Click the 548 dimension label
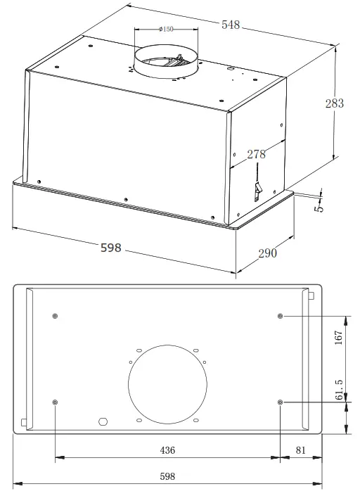click(x=231, y=25)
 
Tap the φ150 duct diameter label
click(x=167, y=29)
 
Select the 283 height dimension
click(x=335, y=103)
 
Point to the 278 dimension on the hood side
click(x=256, y=153)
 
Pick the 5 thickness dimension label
click(x=319, y=208)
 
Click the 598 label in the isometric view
click(x=111, y=248)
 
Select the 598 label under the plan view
click(x=167, y=476)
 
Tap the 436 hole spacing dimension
click(x=167, y=450)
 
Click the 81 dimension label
click(x=300, y=450)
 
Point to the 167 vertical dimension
click(x=338, y=337)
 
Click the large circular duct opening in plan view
click(x=168, y=384)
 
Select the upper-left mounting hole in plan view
click(x=56, y=315)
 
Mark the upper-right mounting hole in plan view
click(x=281, y=316)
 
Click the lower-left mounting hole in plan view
click(x=56, y=402)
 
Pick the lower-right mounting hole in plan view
click(x=281, y=402)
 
